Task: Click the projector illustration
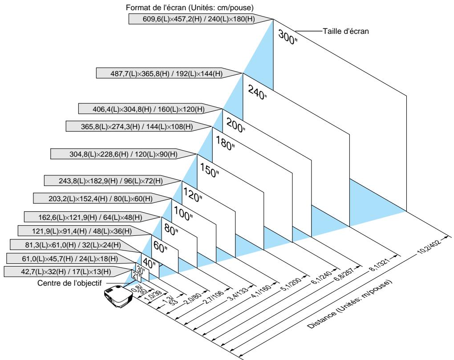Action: pyautogui.click(x=118, y=296)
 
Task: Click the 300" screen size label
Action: pyautogui.click(x=288, y=37)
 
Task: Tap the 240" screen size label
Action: pyautogui.click(x=257, y=92)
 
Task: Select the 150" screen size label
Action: pyautogui.click(x=209, y=170)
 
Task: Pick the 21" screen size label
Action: pyautogui.click(x=136, y=276)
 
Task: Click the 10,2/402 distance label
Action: pyautogui.click(x=430, y=246)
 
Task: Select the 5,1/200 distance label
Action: pyautogui.click(x=291, y=283)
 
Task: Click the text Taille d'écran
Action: pyautogui.click(x=346, y=31)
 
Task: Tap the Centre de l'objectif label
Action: pyautogui.click(x=69, y=283)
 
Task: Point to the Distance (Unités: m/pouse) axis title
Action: pyautogui.click(x=349, y=304)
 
